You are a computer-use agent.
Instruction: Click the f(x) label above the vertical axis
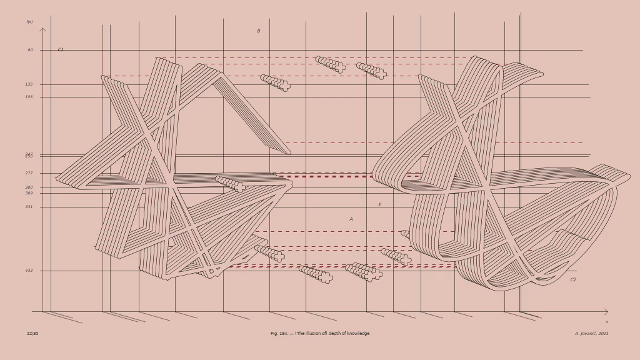pyautogui.click(x=29, y=22)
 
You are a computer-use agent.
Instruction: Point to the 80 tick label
pyautogui.click(x=30, y=50)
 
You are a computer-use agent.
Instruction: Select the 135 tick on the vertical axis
pyautogui.click(x=29, y=84)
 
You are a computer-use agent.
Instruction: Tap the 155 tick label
pyautogui.click(x=29, y=97)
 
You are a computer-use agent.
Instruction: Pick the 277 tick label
pyautogui.click(x=29, y=173)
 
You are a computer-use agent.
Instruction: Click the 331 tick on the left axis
pyautogui.click(x=29, y=207)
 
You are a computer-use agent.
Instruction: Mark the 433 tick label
pyautogui.click(x=29, y=271)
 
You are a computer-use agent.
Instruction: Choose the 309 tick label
pyautogui.click(x=29, y=193)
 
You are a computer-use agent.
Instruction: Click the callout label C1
pyautogui.click(x=61, y=49)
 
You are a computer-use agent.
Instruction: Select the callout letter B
pyautogui.click(x=259, y=31)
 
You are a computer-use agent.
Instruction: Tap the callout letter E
pyautogui.click(x=379, y=205)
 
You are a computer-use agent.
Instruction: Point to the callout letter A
pyautogui.click(x=351, y=219)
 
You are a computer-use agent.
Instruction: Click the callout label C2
pyautogui.click(x=573, y=280)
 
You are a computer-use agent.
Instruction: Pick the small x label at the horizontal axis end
pyautogui.click(x=606, y=322)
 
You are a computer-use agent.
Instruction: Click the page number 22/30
pyautogui.click(x=32, y=334)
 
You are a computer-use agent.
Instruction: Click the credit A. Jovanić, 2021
pyautogui.click(x=591, y=334)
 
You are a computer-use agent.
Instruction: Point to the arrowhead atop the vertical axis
pyautogui.click(x=42, y=29)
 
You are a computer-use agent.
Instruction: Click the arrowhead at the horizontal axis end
pyautogui.click(x=606, y=311)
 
